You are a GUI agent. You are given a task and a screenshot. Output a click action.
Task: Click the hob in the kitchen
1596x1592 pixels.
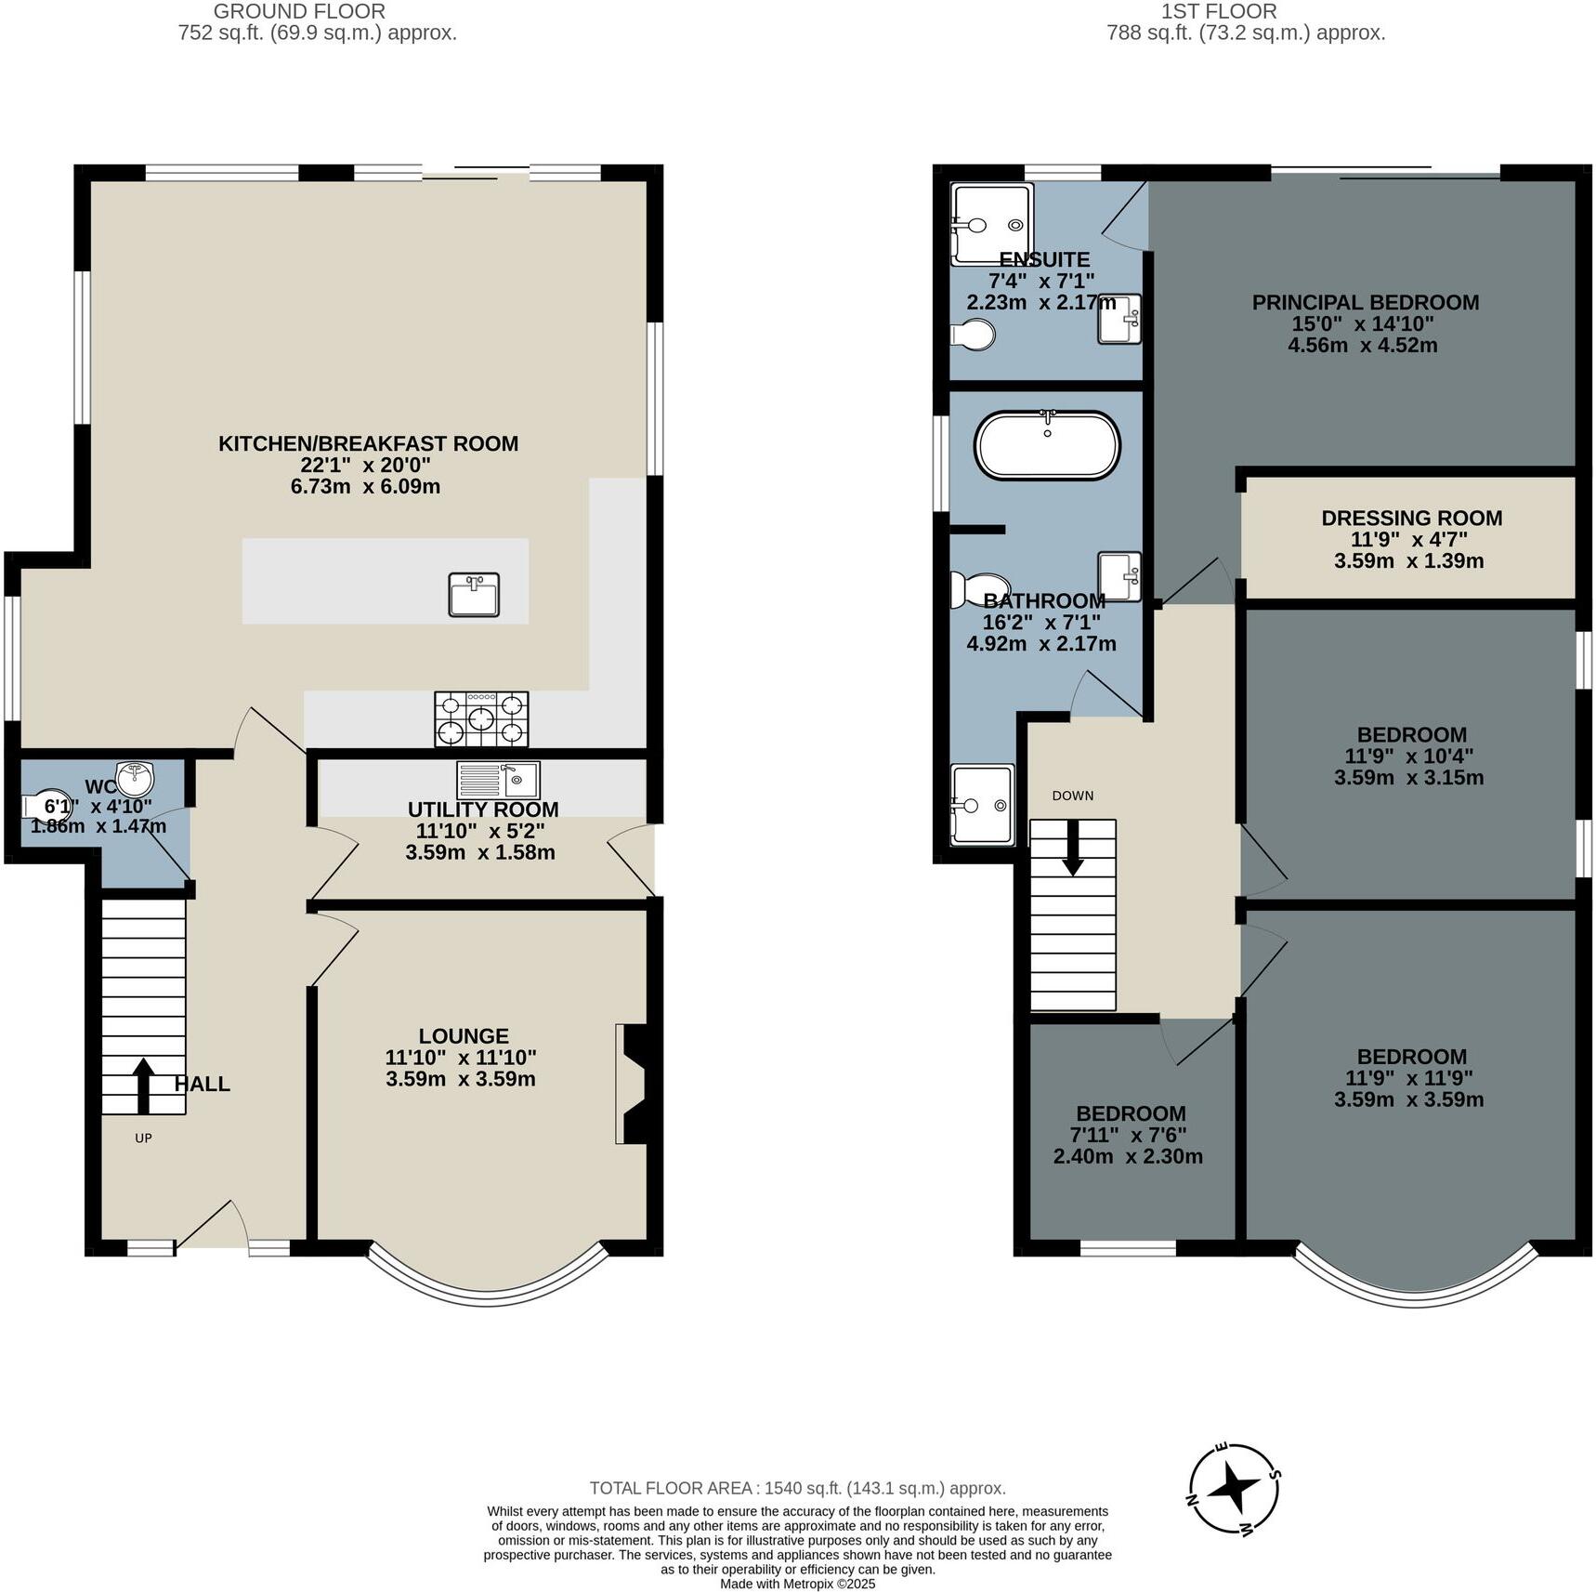pos(480,718)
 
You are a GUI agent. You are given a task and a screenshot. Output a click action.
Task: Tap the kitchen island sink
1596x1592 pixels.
pos(474,595)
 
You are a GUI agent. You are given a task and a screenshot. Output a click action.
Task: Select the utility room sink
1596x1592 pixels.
pos(498,780)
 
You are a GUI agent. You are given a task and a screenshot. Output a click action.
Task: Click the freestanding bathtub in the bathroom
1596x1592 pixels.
pos(1047,446)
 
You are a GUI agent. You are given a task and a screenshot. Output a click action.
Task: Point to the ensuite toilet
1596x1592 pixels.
pos(973,335)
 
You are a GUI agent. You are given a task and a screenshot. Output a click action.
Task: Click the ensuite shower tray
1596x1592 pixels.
pos(992,224)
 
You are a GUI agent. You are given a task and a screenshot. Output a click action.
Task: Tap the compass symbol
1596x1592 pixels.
pos(1235,1490)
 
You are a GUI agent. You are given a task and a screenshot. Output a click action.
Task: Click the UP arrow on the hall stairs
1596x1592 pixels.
pos(143,1085)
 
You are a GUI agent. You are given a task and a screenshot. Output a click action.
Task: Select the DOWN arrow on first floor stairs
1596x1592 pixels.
pos(1073,847)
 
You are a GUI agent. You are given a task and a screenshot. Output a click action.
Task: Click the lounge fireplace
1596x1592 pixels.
pos(632,1084)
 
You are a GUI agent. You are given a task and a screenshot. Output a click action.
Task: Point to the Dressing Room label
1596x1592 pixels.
pos(1411,518)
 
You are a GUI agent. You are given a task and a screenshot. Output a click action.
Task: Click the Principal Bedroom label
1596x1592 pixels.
pos(1365,302)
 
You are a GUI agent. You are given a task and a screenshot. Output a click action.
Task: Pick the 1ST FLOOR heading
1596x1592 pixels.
pos(1218,11)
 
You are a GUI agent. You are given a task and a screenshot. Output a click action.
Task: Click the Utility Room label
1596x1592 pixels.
pos(482,809)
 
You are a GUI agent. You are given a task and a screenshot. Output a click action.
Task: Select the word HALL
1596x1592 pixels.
pos(202,1084)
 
